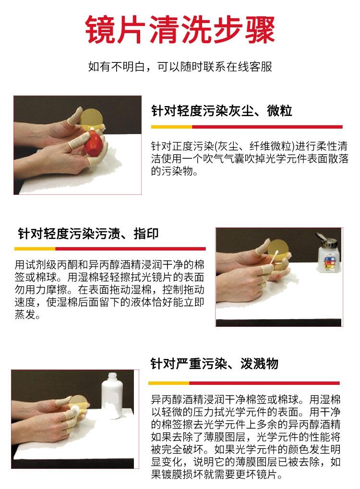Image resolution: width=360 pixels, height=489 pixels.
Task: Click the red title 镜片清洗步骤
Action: [x=180, y=30]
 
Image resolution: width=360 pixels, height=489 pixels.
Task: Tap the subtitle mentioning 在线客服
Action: [x=180, y=66]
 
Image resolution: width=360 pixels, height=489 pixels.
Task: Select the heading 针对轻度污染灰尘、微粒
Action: [x=221, y=111]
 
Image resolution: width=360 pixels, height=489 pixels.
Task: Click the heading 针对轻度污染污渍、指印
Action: [x=88, y=234]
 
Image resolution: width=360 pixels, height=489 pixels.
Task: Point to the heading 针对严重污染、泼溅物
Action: [x=214, y=364]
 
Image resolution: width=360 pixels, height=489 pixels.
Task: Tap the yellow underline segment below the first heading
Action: [x=171, y=127]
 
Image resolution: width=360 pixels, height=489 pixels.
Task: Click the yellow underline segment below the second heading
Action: [x=35, y=249]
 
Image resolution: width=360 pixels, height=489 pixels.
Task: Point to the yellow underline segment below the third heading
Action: [x=169, y=383]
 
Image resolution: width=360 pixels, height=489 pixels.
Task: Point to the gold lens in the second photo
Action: [x=278, y=251]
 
